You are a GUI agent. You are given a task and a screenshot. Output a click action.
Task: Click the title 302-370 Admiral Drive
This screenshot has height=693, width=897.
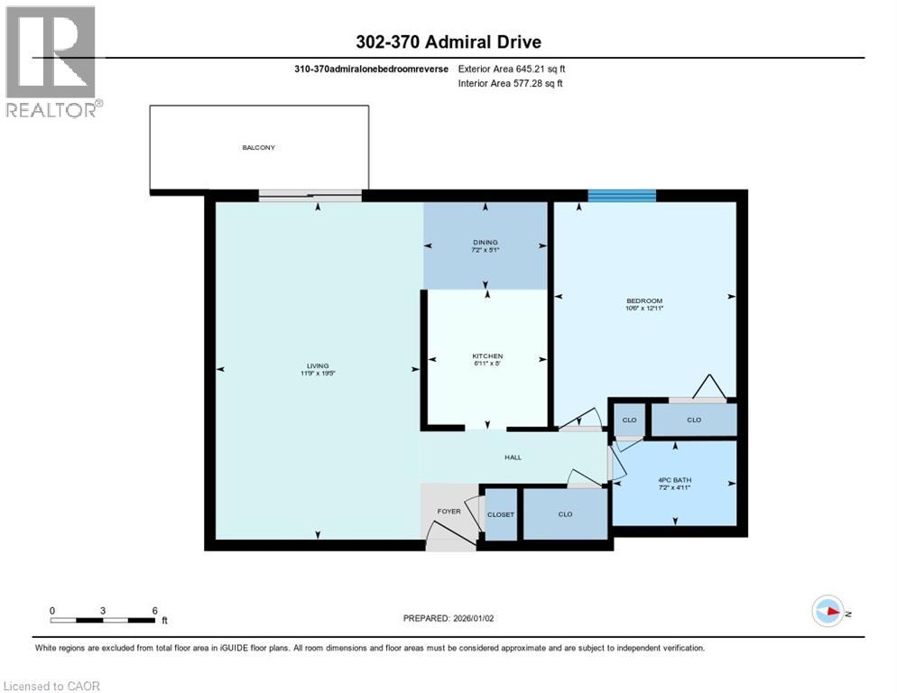point(448,42)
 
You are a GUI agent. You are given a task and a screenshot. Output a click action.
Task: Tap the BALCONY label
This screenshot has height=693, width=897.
point(258,147)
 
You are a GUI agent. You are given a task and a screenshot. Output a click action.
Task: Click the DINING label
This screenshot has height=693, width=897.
point(485,242)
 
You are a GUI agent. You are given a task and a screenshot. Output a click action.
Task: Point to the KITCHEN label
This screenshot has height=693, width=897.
point(487,356)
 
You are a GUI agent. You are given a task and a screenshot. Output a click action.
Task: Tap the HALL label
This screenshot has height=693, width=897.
point(513,457)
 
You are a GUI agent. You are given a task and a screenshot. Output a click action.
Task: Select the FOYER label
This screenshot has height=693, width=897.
point(448,512)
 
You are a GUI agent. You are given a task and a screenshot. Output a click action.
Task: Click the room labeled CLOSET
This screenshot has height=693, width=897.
point(500,514)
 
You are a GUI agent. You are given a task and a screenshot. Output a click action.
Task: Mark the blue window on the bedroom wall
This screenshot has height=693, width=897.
point(622,196)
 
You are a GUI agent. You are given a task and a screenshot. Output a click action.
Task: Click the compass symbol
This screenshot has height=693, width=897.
point(827,611)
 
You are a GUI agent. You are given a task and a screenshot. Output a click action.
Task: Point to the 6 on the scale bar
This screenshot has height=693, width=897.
point(154,610)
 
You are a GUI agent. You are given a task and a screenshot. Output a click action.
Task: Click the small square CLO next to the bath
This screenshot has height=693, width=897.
point(628,420)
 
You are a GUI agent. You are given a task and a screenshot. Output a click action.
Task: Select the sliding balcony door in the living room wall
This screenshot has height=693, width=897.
point(310,194)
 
